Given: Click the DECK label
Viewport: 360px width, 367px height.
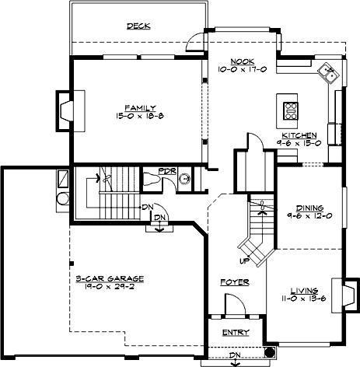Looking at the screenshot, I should point(138,26).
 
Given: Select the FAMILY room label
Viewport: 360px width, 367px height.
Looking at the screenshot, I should point(142,107).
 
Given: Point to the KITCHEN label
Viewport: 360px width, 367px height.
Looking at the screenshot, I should point(299,135).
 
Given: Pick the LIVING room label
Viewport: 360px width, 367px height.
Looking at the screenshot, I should point(304,289).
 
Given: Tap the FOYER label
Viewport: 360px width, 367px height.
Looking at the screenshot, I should point(234,282).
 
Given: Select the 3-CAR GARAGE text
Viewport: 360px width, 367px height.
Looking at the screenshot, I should point(110,277).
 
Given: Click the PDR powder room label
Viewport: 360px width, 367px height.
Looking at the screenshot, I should point(166,170).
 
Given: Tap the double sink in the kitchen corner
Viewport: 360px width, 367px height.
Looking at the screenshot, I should point(330,75).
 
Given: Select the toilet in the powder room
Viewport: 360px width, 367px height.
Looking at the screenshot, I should point(152,180).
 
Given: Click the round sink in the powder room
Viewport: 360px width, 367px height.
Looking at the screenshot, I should point(185,178).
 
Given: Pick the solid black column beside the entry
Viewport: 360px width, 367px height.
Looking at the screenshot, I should point(269,351).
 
